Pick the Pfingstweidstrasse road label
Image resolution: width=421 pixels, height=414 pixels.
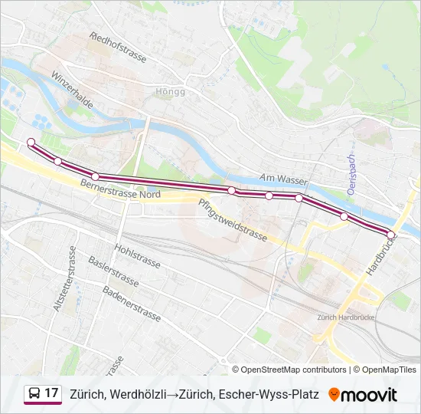pos(232,220)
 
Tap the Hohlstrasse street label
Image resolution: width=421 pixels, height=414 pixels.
pos(137,256)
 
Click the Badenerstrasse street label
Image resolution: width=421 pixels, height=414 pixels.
pos(131,303)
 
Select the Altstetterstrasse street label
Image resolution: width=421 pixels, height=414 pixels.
pos(64,279)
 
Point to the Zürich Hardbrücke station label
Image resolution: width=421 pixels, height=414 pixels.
pos(344,317)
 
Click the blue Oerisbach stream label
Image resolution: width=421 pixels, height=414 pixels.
pos(351,175)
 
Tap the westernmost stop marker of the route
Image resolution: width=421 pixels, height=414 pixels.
pos(31,142)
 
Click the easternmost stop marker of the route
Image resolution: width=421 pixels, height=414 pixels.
pos(391,235)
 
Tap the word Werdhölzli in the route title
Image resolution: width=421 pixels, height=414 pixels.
pos(137,395)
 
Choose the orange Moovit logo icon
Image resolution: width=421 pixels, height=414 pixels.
pos(334,394)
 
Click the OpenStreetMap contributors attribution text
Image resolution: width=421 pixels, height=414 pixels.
pos(294,370)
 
